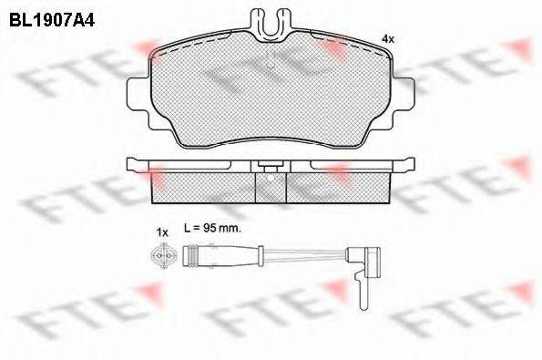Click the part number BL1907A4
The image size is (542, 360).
[x=52, y=20]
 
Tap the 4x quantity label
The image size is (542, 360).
[x=387, y=39]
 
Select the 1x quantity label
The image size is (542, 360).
[x=162, y=232]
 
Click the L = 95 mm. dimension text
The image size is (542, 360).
[x=211, y=228]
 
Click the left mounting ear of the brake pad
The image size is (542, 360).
[x=139, y=93]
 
